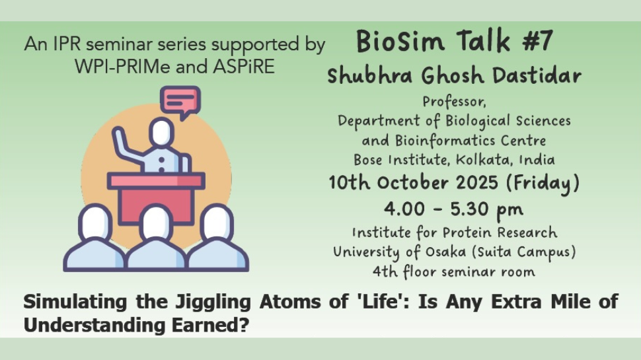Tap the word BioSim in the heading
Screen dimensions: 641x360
(x=400, y=41)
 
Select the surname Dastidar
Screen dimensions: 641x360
(x=537, y=75)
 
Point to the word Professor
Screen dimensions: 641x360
(x=454, y=101)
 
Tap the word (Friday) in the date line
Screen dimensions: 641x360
(x=543, y=183)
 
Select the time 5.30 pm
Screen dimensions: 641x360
(x=486, y=209)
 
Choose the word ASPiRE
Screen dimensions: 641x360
(x=244, y=67)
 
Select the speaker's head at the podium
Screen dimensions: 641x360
(x=161, y=131)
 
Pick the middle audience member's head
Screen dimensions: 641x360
(x=156, y=223)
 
